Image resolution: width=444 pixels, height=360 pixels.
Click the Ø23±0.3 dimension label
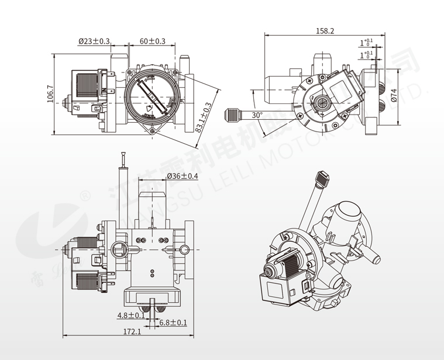click(94, 41)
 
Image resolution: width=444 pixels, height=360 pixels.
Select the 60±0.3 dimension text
click(152, 41)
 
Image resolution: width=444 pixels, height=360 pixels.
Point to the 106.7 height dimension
click(50, 95)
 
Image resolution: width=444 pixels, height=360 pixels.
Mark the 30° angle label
click(257, 115)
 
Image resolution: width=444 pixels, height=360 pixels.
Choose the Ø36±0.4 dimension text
click(183, 176)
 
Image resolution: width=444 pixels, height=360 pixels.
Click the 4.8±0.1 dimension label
click(131, 315)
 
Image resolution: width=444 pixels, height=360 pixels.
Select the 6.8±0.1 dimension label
click(173, 322)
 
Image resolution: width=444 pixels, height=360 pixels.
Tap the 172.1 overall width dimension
click(132, 331)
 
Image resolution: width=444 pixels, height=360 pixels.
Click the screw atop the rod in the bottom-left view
click(123, 158)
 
